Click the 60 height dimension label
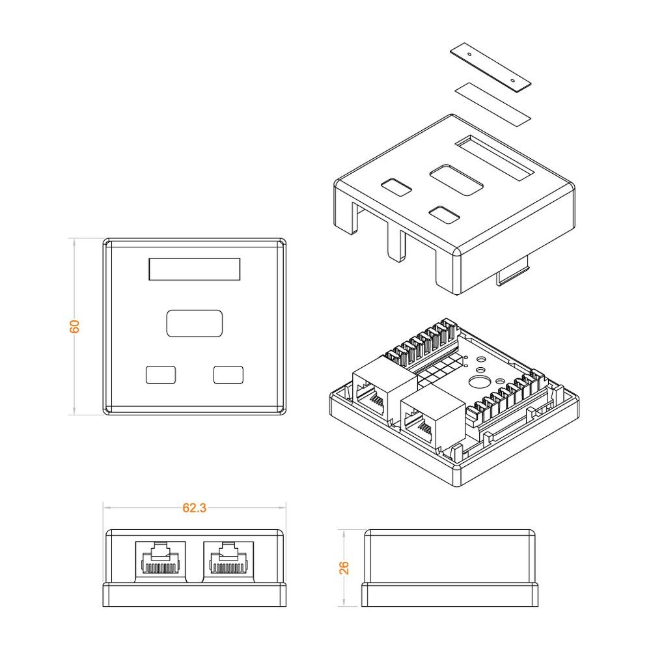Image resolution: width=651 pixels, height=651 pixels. click(x=74, y=326)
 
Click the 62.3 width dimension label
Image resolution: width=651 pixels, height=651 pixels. click(x=194, y=508)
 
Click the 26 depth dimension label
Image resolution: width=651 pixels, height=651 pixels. click(x=344, y=568)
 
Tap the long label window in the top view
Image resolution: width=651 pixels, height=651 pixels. click(x=194, y=269)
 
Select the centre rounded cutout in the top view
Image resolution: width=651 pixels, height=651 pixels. click(x=194, y=324)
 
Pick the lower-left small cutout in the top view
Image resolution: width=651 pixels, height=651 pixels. click(x=161, y=374)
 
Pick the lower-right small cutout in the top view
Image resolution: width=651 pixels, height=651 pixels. click(x=229, y=374)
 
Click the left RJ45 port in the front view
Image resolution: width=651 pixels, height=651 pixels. click(x=160, y=561)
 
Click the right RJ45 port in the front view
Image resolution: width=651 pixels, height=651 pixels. click(x=229, y=561)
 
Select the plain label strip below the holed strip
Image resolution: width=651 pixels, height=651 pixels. click(x=493, y=104)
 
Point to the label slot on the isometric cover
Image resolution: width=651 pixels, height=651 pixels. click(x=494, y=158)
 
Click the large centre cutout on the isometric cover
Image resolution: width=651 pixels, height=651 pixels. click(x=457, y=180)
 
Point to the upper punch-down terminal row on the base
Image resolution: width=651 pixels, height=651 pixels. click(x=421, y=344)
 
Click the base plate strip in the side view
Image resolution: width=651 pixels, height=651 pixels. click(x=450, y=594)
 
